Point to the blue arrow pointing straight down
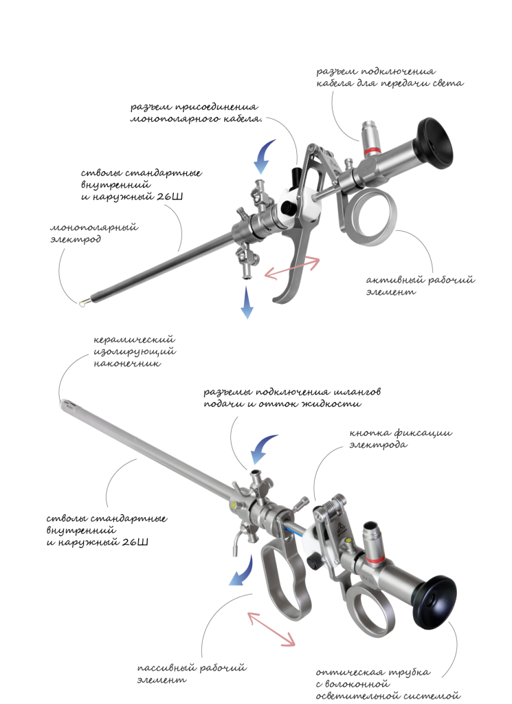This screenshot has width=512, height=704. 246,303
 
